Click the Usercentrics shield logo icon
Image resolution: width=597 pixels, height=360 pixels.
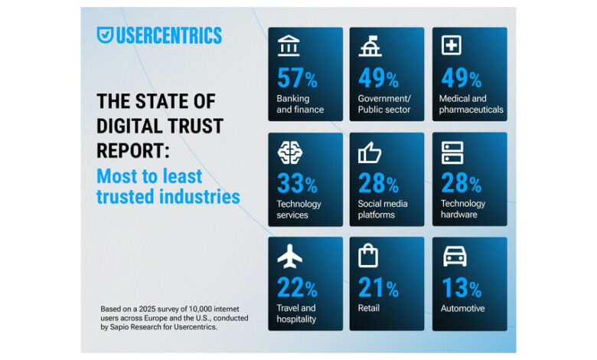coord(106,35)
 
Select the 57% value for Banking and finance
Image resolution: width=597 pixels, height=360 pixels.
coord(297,79)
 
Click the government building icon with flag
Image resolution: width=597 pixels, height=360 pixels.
coord(370,47)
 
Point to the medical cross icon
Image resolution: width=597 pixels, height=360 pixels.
coord(452,47)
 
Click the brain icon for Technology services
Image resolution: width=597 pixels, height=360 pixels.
coord(289,152)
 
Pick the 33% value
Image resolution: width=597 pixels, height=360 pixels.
coord(297,184)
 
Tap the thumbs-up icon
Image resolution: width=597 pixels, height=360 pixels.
coord(370,152)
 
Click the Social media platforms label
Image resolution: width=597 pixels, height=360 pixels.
coord(383,209)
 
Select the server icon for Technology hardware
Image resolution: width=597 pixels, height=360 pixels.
coord(452,152)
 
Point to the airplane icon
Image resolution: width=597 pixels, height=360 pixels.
coord(289,257)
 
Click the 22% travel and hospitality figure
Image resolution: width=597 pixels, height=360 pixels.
coord(297,289)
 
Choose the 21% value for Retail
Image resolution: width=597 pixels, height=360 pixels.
coord(378,289)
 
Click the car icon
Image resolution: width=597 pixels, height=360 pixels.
coord(454,257)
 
